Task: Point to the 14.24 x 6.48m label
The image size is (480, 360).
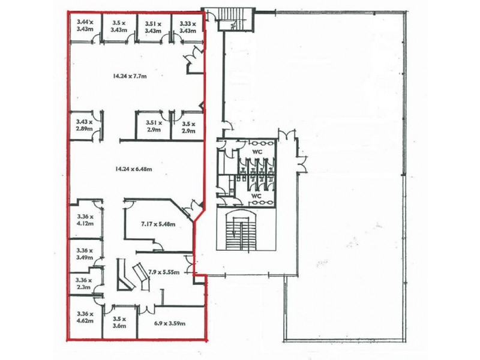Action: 133,169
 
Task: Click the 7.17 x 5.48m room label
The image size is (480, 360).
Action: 158,224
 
